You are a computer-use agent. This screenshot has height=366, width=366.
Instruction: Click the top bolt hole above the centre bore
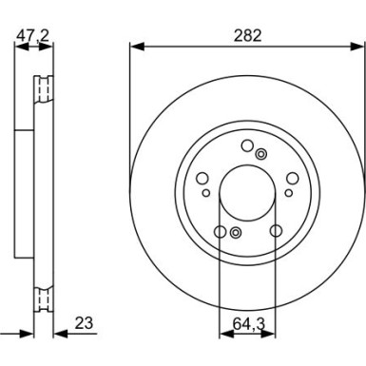[247, 145]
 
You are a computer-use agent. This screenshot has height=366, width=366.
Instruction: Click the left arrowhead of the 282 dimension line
[133, 45]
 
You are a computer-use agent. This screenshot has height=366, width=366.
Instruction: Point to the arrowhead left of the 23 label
[56, 333]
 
